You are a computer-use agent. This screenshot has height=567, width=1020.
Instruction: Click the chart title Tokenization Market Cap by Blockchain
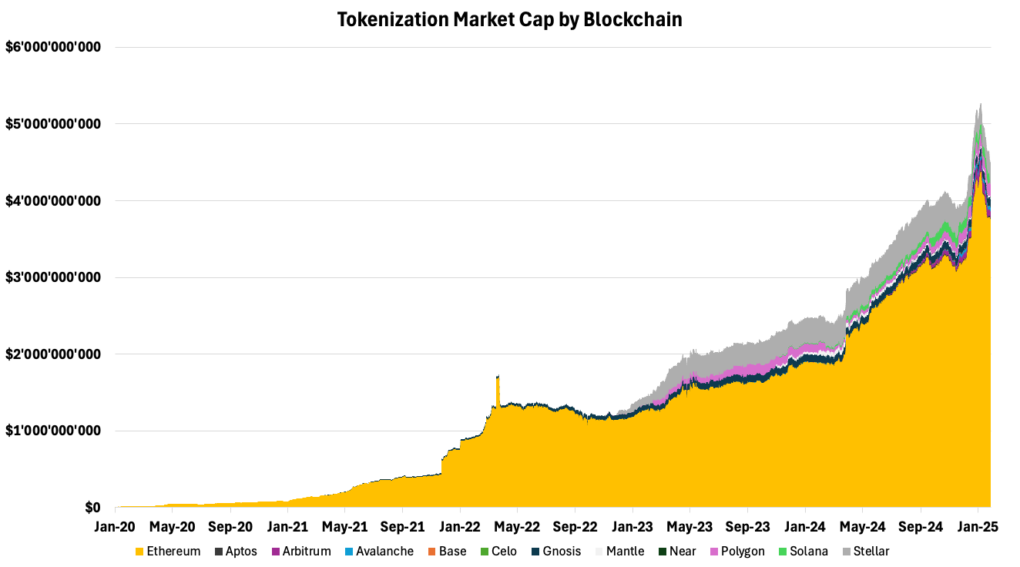[x=509, y=20]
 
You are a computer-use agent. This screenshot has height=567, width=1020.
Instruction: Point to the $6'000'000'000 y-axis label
[x=53, y=47]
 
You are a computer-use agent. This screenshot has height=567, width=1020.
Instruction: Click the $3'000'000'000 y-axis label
[x=53, y=277]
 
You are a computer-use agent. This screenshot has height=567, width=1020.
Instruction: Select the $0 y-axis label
[x=92, y=508]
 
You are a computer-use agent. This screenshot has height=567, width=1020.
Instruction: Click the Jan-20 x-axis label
[x=116, y=528]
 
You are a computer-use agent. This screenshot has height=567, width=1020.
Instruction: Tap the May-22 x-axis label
[x=518, y=528]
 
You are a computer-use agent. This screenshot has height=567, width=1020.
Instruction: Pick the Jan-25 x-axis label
[x=978, y=528]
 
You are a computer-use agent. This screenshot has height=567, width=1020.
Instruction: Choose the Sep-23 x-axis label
[x=747, y=528]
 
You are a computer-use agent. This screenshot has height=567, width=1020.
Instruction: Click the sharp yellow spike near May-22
[x=498, y=377]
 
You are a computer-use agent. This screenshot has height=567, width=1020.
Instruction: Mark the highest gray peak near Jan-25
[x=980, y=104]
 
